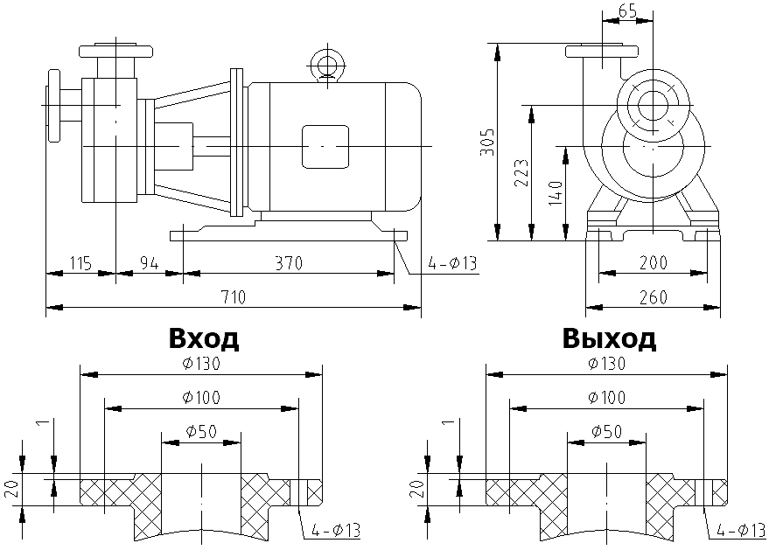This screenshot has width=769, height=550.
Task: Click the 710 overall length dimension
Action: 233,297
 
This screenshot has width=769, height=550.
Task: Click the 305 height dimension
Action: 488,141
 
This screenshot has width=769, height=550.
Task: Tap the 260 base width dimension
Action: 652,297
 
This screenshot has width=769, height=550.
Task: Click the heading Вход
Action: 203,338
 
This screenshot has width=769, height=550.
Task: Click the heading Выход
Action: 610,338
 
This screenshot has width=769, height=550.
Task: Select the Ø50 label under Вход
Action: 201,431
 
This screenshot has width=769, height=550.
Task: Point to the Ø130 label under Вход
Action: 201,363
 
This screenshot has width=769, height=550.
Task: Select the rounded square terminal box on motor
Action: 325,145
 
